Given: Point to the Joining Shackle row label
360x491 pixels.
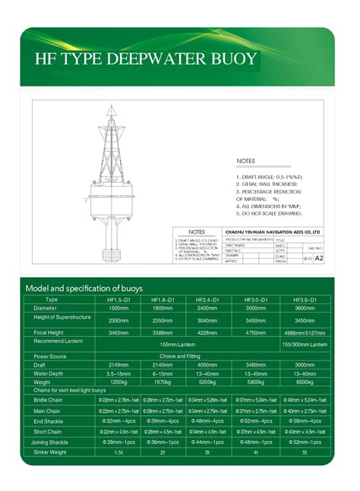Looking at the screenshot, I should coord(51,441).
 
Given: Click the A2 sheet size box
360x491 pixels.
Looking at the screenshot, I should coord(319,258).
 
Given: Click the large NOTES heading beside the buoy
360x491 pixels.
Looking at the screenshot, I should coord(246,162).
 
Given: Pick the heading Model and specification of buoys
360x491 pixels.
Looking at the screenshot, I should coord(84,288).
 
